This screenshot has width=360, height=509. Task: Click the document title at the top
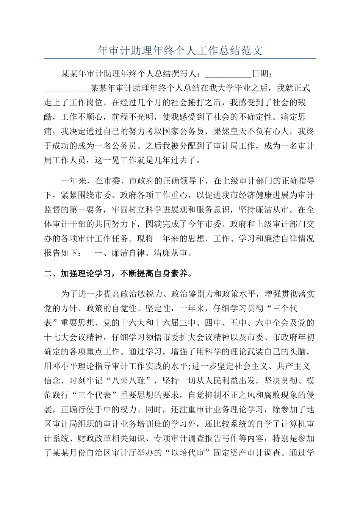[180, 50]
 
